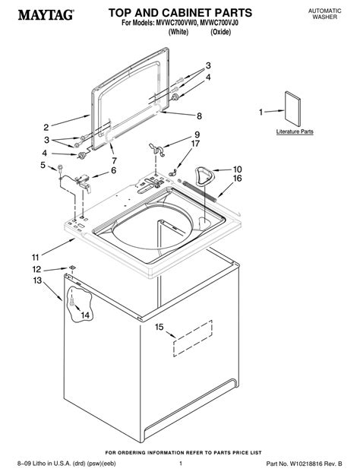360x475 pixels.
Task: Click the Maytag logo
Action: tap(46, 14)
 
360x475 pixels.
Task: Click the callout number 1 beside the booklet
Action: tap(261, 112)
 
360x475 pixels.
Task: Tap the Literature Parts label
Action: tap(295, 131)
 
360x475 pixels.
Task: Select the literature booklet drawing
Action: tap(292, 109)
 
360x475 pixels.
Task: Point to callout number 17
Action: tap(195, 144)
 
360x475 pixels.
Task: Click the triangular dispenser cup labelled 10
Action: tap(204, 176)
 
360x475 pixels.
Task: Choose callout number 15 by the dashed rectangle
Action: tap(159, 327)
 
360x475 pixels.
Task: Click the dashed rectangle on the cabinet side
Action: tap(193, 339)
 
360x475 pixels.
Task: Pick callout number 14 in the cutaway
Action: tap(85, 315)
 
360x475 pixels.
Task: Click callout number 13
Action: tap(37, 280)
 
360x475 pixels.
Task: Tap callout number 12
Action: tap(36, 269)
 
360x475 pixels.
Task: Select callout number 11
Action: tap(36, 258)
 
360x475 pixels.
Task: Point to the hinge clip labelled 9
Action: tap(157, 149)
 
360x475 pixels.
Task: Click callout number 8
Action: tap(199, 116)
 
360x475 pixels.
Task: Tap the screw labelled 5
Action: tap(60, 168)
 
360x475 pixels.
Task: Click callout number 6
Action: tap(113, 170)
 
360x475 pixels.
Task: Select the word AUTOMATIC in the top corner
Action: tap(324, 11)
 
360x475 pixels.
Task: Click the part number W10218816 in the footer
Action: tap(308, 464)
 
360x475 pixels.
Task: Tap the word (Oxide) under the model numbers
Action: tap(221, 32)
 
